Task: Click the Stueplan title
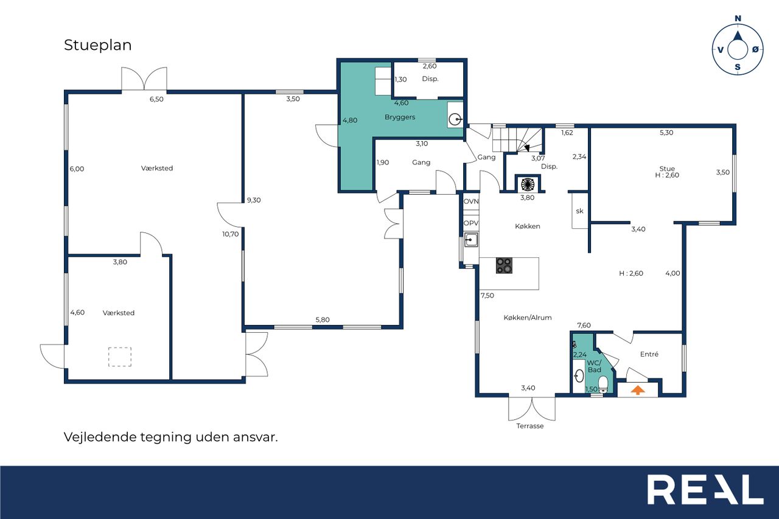(x=98, y=46)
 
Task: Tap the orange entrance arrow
(x=637, y=390)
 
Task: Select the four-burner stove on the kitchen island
(x=504, y=265)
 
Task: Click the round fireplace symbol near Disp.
(x=527, y=184)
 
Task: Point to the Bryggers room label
(x=400, y=117)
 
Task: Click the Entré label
(x=649, y=354)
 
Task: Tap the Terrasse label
(x=529, y=426)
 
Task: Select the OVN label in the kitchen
(x=471, y=201)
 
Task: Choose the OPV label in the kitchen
(x=471, y=223)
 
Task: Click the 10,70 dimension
(x=231, y=234)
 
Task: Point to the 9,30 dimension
(x=254, y=200)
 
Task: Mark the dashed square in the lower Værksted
(x=120, y=357)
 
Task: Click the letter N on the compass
(x=738, y=18)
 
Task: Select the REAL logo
(x=705, y=489)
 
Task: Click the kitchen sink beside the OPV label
(x=471, y=240)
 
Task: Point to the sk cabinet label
(x=579, y=211)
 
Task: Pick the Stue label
(x=666, y=169)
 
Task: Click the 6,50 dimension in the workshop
(x=156, y=99)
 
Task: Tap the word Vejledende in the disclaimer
(x=101, y=437)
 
